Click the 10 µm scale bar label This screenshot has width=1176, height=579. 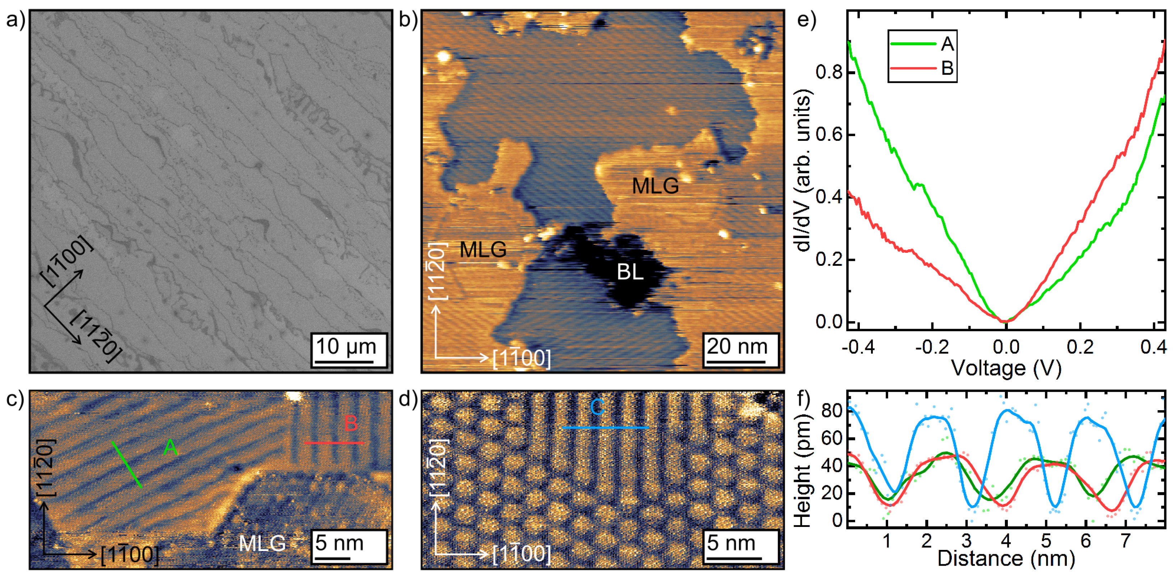(346, 346)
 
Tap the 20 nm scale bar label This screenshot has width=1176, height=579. (737, 346)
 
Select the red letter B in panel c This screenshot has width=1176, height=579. (351, 423)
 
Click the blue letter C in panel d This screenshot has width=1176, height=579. (597, 407)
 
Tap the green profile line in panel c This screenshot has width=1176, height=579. (127, 464)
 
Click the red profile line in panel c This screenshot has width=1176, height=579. (334, 443)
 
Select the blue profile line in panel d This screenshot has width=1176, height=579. (605, 427)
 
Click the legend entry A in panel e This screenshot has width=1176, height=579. (947, 44)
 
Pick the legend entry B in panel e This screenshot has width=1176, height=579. (947, 68)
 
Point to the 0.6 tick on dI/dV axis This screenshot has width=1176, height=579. (829, 135)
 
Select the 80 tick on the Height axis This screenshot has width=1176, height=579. (831, 411)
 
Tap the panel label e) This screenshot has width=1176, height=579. (806, 20)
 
